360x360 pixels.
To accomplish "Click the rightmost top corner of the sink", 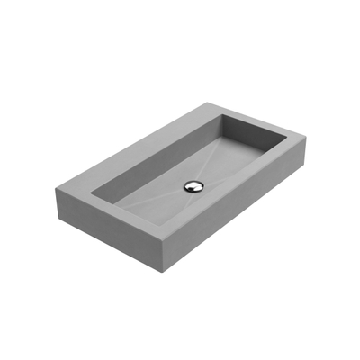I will pyautogui.click(x=309, y=138).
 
